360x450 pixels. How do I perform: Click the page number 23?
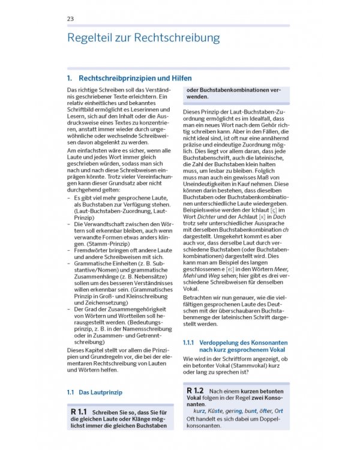tap(71, 19)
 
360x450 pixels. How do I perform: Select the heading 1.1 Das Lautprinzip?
tap(94, 392)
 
